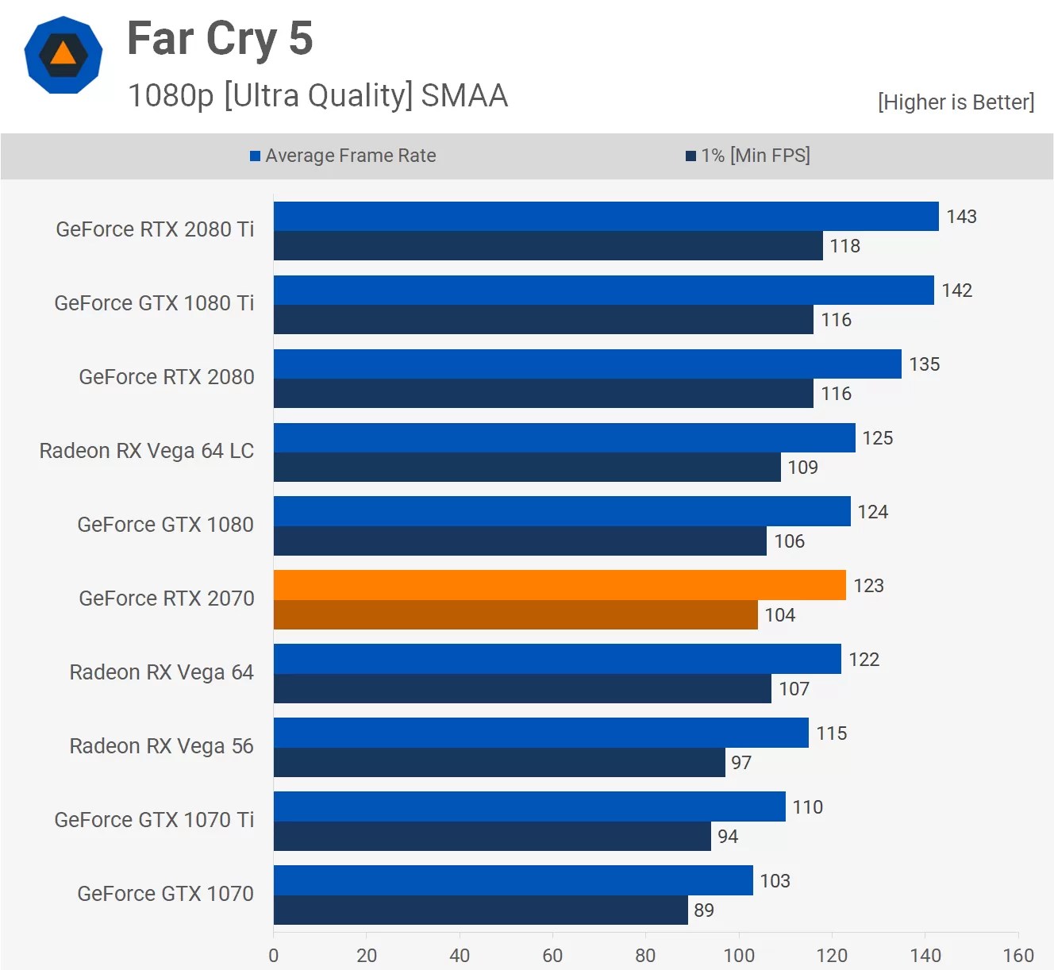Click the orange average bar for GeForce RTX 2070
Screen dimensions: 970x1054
click(560, 585)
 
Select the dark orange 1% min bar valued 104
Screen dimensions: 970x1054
click(516, 615)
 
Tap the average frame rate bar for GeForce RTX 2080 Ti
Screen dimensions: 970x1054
click(606, 216)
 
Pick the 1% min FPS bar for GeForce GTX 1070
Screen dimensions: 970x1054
click(480, 910)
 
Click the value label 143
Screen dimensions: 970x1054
click(961, 217)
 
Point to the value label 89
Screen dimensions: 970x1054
click(704, 910)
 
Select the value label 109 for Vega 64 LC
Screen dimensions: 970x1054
click(802, 468)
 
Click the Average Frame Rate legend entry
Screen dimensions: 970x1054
click(343, 156)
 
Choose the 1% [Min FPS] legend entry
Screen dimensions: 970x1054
click(748, 156)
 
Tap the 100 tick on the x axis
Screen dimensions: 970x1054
click(739, 955)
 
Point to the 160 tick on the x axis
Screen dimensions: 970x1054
click(1018, 955)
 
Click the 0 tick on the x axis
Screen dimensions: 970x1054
click(274, 955)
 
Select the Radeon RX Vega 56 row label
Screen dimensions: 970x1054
click(161, 746)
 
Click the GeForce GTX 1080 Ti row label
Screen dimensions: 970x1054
click(154, 303)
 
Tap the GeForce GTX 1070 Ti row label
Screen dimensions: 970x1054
click(154, 820)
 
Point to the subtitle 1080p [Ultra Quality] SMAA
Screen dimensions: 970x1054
click(317, 95)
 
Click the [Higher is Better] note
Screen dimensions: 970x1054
click(956, 102)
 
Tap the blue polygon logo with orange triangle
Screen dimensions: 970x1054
click(63, 55)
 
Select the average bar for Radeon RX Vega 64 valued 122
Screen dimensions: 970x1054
click(557, 659)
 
